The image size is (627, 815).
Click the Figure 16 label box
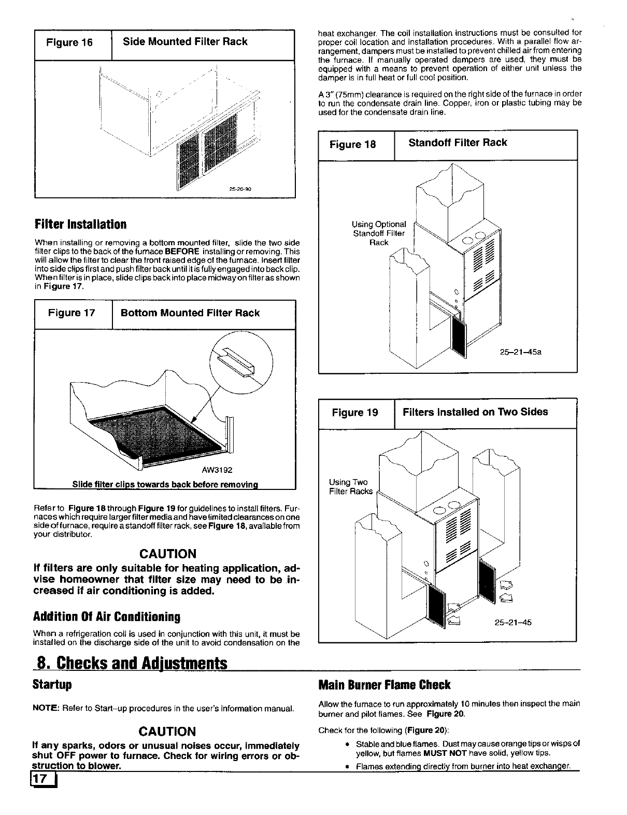point(69,43)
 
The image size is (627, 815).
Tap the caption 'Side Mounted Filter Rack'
point(185,41)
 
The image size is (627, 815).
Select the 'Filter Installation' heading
point(80,224)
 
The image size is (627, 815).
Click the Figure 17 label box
point(72,313)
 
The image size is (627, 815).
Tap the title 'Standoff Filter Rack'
point(458,143)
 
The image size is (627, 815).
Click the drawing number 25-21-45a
point(521,352)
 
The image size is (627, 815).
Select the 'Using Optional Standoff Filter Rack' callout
point(378,233)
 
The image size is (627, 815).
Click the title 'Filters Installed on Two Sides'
point(475,412)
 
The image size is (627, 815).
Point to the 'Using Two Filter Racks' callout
point(350,487)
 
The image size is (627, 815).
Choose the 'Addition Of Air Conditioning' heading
point(107,617)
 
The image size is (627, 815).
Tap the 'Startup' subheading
point(52,685)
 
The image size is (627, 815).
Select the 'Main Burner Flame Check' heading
point(384,685)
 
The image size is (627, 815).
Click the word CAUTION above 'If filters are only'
point(166,553)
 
